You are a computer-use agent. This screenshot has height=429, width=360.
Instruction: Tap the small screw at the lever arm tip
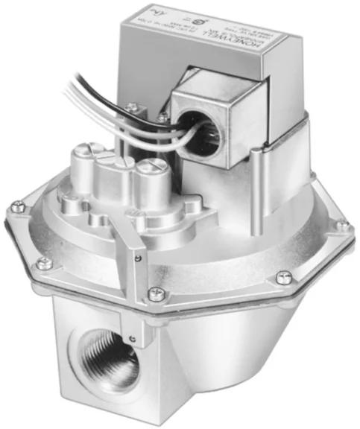(138, 257)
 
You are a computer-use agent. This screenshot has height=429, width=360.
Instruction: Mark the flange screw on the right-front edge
(282, 277)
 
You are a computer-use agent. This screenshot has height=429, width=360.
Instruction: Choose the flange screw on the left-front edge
(44, 261)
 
